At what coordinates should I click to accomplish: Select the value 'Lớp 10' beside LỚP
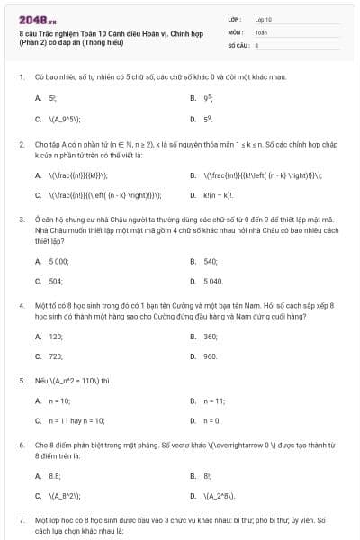(263, 19)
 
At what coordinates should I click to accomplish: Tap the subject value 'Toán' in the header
(261, 31)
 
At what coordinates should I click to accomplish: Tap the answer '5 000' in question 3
(58, 261)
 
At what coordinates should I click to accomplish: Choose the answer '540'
(211, 261)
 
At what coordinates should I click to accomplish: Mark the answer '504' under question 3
(56, 281)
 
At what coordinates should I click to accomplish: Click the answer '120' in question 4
(56, 336)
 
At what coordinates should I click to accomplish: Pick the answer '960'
(211, 356)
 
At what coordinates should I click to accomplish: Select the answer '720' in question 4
(56, 356)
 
